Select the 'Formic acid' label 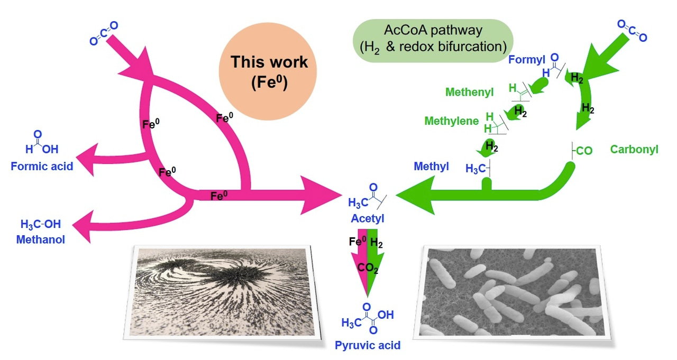tap(42, 167)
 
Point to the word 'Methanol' tap(41, 239)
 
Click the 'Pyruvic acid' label tap(367, 346)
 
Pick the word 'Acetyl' tap(367, 218)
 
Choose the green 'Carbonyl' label tap(634, 150)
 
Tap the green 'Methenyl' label tap(469, 93)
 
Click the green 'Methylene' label tap(451, 121)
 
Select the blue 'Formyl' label tap(527, 59)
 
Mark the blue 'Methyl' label tap(431, 167)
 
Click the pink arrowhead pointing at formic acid tap(86, 158)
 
